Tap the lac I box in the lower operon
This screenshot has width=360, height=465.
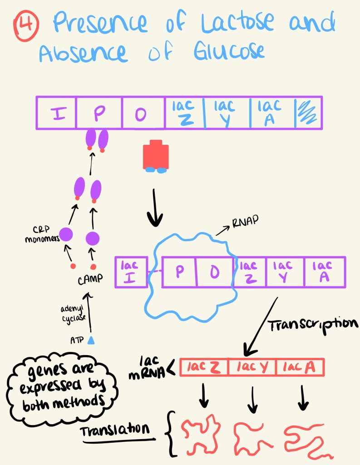click(131, 272)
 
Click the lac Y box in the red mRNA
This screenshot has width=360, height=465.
click(252, 367)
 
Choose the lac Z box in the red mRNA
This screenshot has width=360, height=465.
click(204, 367)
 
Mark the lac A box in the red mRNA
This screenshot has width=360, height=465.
click(300, 367)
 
